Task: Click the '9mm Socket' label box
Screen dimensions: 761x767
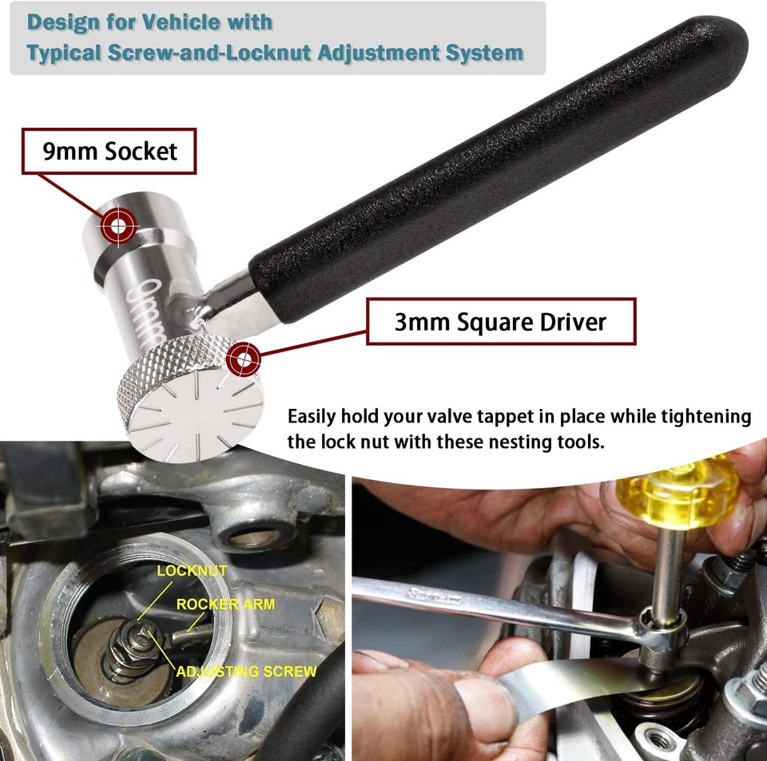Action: (x=109, y=150)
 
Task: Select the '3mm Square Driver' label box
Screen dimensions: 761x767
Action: (x=501, y=322)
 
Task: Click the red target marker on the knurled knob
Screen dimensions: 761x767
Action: (x=243, y=360)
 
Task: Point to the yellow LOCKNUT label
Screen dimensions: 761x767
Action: (x=192, y=571)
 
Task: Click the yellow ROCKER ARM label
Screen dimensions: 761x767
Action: (x=225, y=604)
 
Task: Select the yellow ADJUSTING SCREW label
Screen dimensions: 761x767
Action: (x=246, y=672)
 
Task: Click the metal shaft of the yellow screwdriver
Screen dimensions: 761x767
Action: (x=667, y=567)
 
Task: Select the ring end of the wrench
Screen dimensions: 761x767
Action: (x=659, y=631)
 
